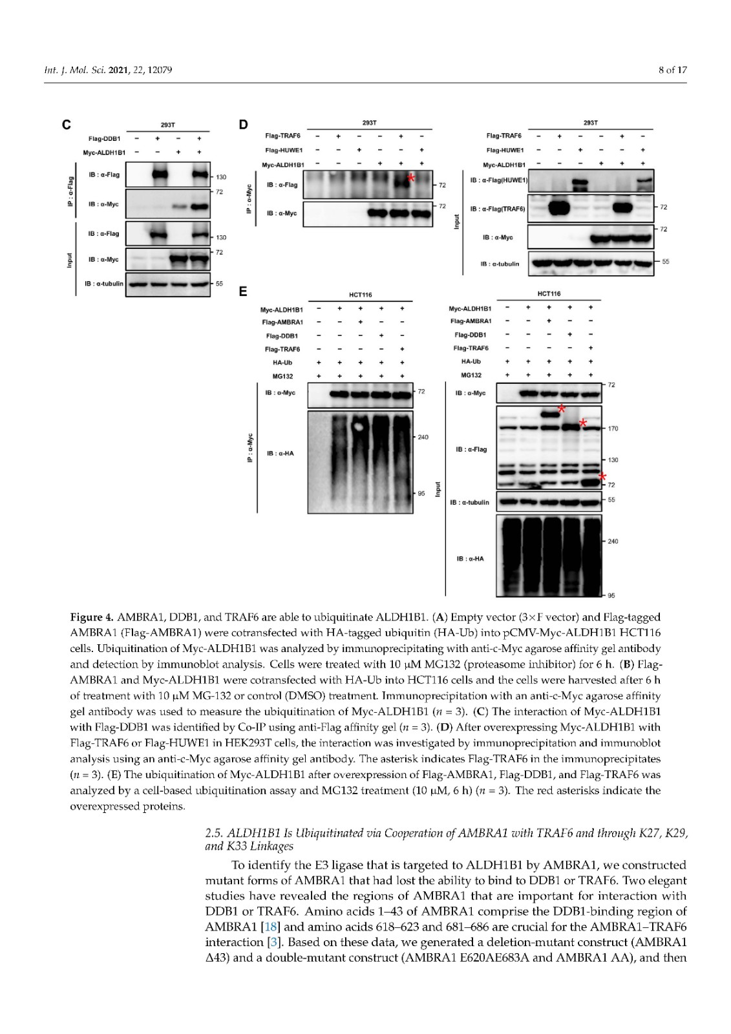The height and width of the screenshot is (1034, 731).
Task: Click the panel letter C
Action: coord(67,125)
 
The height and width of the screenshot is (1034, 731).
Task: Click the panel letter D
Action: coord(243,125)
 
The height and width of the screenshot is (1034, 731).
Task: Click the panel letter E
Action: coord(243,291)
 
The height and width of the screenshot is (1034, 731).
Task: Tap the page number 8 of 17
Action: coord(672,70)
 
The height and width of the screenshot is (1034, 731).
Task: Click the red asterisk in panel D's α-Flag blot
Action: coord(411,177)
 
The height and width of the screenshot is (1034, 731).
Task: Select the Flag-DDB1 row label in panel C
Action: coord(104,139)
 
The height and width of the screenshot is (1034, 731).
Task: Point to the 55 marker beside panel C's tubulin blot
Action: coord(219,284)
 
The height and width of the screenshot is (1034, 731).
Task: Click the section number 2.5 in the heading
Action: coord(213,833)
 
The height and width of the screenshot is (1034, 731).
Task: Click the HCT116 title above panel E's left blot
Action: coord(361,295)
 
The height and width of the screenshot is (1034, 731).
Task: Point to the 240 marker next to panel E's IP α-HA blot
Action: coord(423,438)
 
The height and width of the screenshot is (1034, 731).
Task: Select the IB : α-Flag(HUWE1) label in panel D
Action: coord(498,180)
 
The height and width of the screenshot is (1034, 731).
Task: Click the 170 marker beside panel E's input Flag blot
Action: coord(613,428)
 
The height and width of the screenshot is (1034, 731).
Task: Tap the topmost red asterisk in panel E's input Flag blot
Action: coord(561,408)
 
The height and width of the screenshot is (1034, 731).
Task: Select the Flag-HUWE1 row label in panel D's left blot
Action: coord(284,150)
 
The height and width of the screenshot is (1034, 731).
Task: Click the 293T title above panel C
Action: coord(168,125)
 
